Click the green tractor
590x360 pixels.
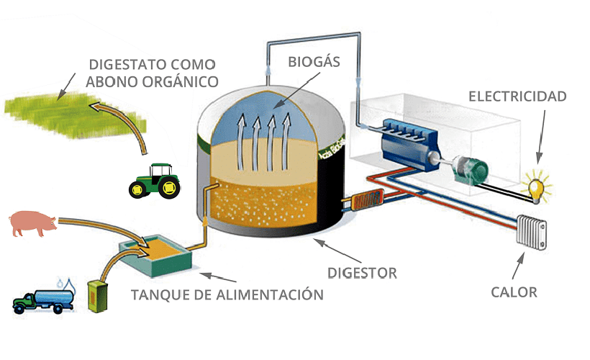pyautogui.click(x=155, y=180)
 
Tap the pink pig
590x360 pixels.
pyautogui.click(x=33, y=224)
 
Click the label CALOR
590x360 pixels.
pyautogui.click(x=514, y=292)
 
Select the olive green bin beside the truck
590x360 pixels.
pyautogui.click(x=96, y=296)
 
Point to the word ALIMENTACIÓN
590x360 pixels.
pyautogui.click(x=269, y=294)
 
